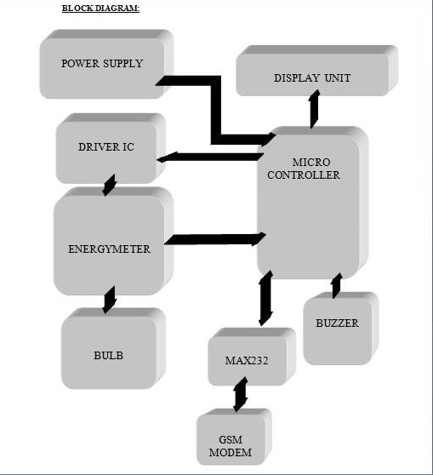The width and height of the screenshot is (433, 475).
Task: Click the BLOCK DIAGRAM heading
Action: point(100,9)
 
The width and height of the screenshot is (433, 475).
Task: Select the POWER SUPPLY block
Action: point(106,64)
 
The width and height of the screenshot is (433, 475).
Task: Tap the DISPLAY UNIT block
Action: point(316,71)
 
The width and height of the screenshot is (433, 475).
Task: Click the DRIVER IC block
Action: point(111,148)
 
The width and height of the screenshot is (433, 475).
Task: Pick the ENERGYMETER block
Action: point(113,241)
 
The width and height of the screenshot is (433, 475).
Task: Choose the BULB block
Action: point(113,348)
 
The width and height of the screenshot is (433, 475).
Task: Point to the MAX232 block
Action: point(252,357)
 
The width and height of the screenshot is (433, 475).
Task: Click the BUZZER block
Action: point(340,328)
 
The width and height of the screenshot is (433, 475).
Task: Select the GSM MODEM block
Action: point(234,437)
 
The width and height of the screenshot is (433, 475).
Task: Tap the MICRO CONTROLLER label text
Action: point(304,169)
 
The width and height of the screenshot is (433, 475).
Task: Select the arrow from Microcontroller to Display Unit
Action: point(315,108)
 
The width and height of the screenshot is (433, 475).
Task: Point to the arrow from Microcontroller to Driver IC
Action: point(210,157)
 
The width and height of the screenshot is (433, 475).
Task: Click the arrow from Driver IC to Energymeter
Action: point(109,185)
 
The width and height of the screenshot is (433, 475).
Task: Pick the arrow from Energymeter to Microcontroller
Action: point(215,239)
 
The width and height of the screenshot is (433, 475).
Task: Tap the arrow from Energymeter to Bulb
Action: point(109,300)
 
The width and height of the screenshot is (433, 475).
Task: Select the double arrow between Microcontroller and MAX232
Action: point(265,299)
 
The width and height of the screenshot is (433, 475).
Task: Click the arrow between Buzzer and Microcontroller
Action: point(336,286)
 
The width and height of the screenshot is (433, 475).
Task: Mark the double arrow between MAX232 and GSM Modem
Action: point(241,394)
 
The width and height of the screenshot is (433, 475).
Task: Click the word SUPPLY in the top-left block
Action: point(123,63)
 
